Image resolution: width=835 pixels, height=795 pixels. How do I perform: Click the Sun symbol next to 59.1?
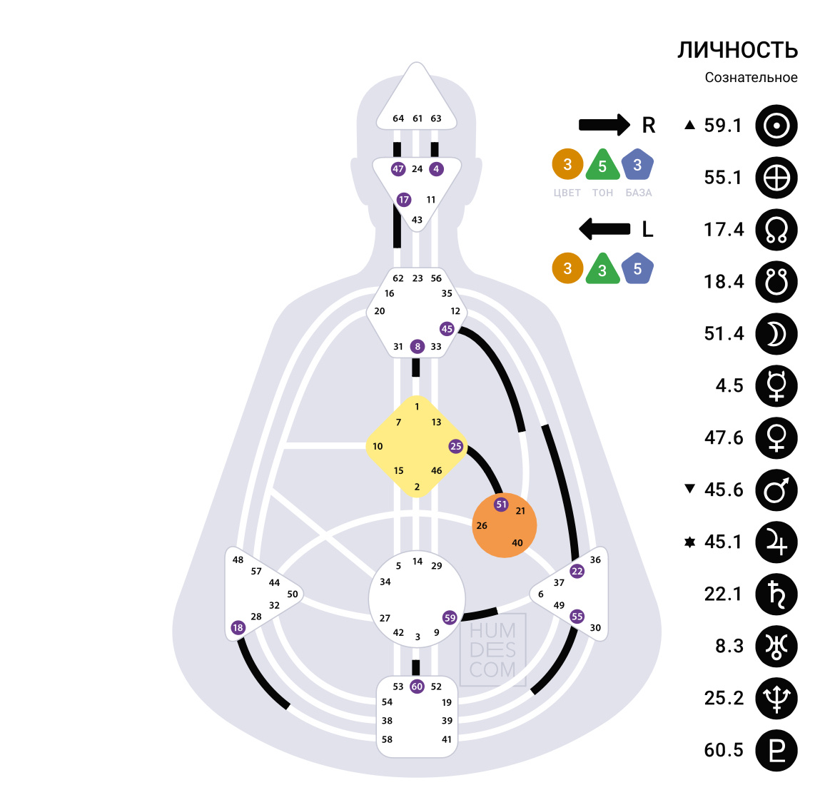click(x=776, y=126)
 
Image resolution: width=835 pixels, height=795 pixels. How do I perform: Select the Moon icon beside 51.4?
click(x=776, y=334)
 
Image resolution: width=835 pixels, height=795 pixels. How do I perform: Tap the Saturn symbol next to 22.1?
click(x=776, y=594)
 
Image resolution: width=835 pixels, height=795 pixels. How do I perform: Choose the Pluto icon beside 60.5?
click(x=776, y=751)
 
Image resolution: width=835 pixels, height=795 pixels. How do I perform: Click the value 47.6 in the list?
click(x=724, y=437)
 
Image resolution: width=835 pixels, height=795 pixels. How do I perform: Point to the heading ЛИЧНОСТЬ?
click(x=737, y=50)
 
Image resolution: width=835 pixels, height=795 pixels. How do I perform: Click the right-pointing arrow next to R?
click(x=604, y=125)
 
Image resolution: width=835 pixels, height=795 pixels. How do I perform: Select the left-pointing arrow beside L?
click(x=604, y=229)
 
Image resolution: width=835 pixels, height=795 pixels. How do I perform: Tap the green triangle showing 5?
click(x=602, y=166)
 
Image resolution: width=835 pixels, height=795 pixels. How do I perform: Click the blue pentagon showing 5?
click(x=637, y=269)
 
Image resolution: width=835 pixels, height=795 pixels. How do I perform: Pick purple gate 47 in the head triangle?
click(x=398, y=169)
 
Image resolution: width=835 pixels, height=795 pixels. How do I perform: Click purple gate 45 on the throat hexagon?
click(x=447, y=329)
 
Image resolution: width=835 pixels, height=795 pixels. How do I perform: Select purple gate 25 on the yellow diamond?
click(x=455, y=446)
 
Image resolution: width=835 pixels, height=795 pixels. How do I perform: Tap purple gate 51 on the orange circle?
click(x=501, y=505)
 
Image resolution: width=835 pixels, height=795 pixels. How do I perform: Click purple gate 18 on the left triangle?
click(x=238, y=628)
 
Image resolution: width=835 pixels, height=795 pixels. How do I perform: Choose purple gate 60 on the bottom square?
click(x=417, y=687)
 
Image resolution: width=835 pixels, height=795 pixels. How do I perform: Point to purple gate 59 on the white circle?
click(x=450, y=618)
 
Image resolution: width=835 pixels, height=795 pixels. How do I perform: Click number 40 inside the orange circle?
click(x=517, y=542)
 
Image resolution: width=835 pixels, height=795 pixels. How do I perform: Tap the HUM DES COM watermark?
click(x=492, y=650)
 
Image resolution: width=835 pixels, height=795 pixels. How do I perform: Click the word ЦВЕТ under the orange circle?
click(x=567, y=193)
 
